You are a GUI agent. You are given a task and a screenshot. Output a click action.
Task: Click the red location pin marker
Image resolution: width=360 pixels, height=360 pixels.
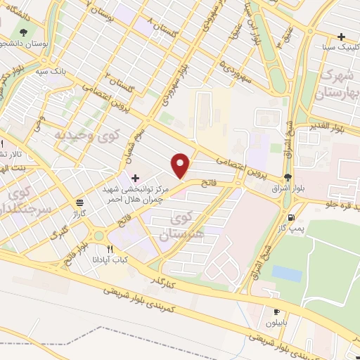[181, 165]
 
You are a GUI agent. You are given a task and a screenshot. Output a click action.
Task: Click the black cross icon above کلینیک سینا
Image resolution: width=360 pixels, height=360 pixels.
[340, 37]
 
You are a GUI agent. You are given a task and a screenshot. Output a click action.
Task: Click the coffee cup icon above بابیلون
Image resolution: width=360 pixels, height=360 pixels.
[276, 312]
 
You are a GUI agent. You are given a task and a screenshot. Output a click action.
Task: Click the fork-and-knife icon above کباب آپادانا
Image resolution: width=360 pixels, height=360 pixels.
[109, 249]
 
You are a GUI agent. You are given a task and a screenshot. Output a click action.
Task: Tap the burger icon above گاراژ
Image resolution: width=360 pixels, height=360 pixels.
[79, 202]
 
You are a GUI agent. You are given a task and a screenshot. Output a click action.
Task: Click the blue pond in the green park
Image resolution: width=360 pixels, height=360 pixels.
[287, 273]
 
